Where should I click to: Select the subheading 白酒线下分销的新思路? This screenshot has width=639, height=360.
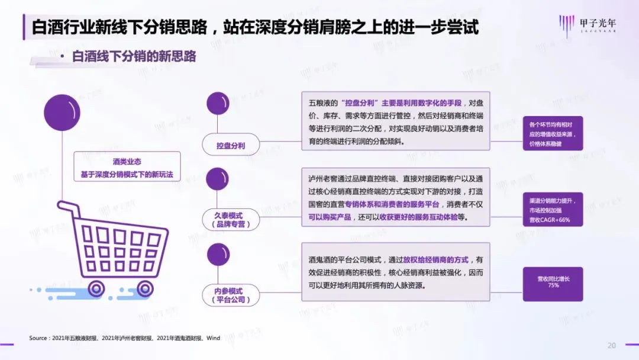click(134, 57)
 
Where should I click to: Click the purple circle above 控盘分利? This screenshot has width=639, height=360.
click(218, 104)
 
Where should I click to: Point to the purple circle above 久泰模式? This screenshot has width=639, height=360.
click(218, 179)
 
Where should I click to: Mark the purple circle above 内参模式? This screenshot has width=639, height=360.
click(218, 255)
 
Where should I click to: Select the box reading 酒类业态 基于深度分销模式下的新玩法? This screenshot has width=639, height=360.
click(127, 168)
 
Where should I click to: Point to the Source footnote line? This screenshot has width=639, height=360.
click(125, 338)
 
